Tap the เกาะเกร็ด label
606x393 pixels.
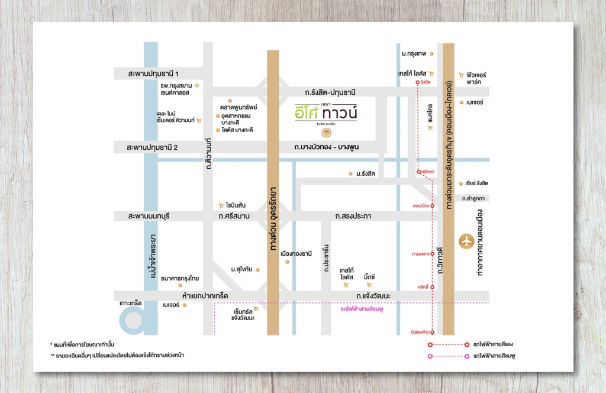pos(131,302)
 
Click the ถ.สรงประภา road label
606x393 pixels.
pos(353,217)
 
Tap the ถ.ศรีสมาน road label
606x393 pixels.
pos(234,217)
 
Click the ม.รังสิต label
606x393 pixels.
pos(366,173)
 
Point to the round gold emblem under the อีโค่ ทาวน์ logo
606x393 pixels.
pos(326,133)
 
